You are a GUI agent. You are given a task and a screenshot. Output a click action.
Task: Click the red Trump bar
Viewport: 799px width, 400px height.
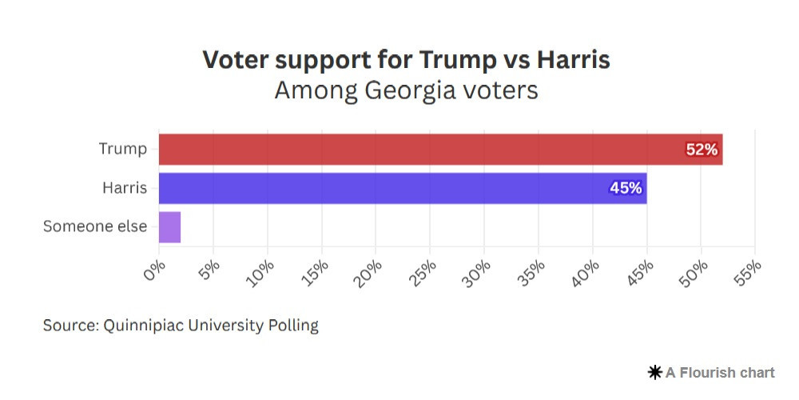(439, 149)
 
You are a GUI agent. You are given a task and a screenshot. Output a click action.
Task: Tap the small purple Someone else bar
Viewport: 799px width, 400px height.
(169, 227)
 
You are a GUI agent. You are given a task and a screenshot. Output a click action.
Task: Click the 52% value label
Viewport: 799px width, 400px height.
(702, 150)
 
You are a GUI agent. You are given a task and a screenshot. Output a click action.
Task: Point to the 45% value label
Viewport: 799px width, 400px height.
(626, 188)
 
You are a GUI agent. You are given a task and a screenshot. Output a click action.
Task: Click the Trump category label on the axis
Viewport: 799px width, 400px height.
(123, 149)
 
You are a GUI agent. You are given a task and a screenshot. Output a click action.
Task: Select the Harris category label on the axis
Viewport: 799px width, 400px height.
(125, 188)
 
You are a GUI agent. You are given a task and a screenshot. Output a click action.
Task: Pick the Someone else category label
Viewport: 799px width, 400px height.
(95, 226)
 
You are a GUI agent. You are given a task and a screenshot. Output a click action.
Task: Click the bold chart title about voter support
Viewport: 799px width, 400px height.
(406, 60)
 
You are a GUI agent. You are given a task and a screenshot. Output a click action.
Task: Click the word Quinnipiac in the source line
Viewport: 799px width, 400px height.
(143, 326)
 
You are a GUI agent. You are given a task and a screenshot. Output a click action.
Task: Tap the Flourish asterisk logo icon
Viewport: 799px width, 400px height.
(655, 372)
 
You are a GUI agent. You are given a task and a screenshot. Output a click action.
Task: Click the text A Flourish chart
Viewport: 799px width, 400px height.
(720, 372)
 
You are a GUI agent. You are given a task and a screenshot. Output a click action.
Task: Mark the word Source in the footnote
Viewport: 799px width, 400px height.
(69, 326)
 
